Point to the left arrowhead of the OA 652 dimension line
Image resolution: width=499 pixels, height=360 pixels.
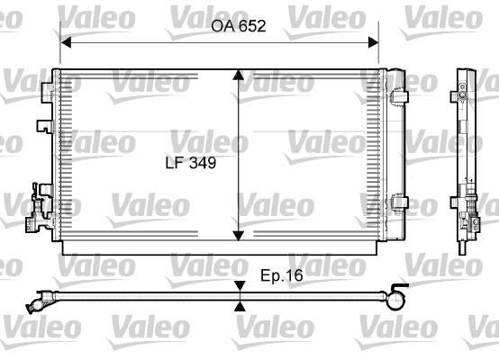pyautogui.click(x=66, y=41)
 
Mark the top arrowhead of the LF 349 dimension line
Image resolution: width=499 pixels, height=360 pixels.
pyautogui.click(x=238, y=77)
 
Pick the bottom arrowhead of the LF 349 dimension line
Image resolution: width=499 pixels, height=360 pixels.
pyautogui.click(x=238, y=236)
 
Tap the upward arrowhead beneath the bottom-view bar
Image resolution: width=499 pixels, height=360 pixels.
pyautogui.click(x=240, y=305)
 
